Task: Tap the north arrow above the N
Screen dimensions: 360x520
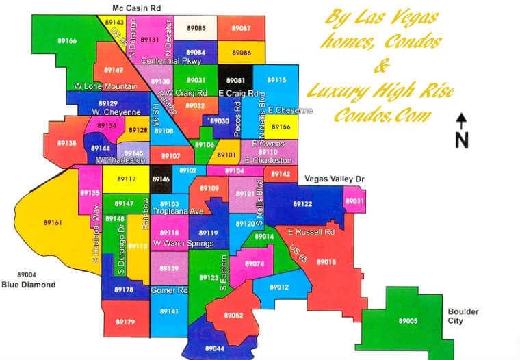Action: point(462,121)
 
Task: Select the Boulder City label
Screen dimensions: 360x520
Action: point(463,316)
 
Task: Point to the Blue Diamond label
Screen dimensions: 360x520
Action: point(28,285)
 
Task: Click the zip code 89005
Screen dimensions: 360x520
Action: point(408,320)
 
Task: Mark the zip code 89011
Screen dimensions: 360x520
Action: point(355,201)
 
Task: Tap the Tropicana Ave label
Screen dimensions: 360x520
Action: point(178,211)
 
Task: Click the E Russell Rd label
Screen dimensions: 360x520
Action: point(311,232)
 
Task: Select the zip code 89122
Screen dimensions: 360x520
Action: point(302,204)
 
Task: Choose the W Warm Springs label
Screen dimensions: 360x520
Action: point(183,243)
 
